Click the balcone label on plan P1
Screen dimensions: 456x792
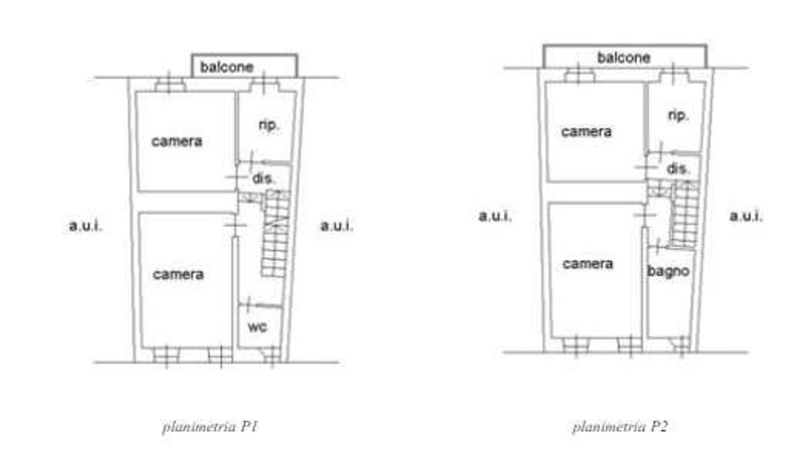click(x=227, y=67)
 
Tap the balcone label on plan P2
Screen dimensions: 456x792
click(x=624, y=58)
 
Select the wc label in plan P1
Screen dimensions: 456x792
click(x=257, y=327)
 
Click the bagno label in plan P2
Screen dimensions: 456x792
click(x=668, y=271)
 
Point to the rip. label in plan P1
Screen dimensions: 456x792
click(x=268, y=125)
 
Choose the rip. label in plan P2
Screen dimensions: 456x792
click(x=678, y=115)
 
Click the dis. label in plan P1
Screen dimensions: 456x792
click(x=263, y=178)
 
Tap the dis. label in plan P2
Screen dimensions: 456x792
click(x=678, y=169)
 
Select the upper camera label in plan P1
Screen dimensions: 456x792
click(x=177, y=141)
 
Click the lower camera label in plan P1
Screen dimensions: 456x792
click(x=178, y=274)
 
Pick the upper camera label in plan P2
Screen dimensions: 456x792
click(x=586, y=131)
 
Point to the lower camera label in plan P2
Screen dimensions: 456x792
click(x=588, y=264)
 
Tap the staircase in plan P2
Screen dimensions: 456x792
click(x=684, y=214)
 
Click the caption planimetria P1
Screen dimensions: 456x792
click(x=210, y=426)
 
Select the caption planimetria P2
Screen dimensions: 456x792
click(x=620, y=426)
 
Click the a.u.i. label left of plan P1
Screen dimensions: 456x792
click(x=86, y=226)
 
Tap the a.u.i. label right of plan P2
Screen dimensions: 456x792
click(x=746, y=215)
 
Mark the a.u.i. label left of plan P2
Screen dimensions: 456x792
click(x=495, y=215)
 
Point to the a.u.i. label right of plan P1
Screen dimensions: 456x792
click(x=336, y=226)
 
